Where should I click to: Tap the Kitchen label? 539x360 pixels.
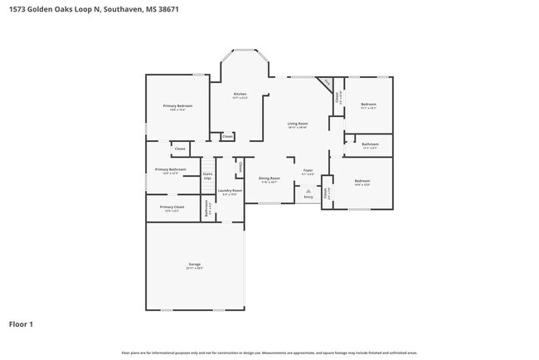point(240,95)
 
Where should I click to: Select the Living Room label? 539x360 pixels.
point(298,124)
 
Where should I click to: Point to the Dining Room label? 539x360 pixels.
point(269,178)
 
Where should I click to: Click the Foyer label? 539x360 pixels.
point(307,170)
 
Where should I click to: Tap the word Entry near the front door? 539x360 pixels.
point(308,197)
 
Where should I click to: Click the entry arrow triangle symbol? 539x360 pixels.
point(308,190)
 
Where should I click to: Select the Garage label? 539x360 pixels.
point(195,265)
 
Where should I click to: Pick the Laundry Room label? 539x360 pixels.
point(230,191)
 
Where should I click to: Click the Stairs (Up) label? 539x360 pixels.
point(207,176)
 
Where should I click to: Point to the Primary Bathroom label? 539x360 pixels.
point(170,170)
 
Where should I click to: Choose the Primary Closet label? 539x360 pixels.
point(172,207)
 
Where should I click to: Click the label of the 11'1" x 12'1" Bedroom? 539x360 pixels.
point(368,105)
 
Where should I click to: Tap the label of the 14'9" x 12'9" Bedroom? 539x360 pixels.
point(362,181)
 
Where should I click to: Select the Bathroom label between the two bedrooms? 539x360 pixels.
point(370,144)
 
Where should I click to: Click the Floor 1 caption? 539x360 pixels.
point(21,324)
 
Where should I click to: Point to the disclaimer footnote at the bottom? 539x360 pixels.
point(269,353)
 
